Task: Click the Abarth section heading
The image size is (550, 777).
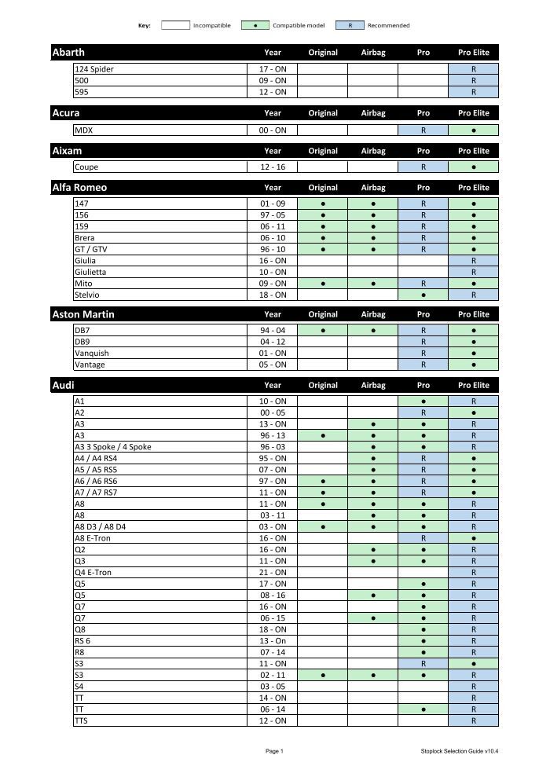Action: click(68, 53)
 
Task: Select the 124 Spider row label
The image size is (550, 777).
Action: click(94, 69)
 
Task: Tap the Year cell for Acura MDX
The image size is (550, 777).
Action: click(273, 130)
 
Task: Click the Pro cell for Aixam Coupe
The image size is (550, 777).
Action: click(423, 167)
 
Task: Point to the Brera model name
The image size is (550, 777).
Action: click(85, 238)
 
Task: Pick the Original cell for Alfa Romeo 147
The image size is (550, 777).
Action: click(322, 203)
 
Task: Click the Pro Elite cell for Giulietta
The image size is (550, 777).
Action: click(473, 272)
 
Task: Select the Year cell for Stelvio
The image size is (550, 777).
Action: click(273, 295)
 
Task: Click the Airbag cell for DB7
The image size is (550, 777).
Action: click(372, 331)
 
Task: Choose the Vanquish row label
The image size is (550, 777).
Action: click(92, 354)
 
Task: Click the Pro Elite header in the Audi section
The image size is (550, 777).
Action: click(473, 386)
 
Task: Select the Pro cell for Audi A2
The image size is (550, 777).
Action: click(423, 412)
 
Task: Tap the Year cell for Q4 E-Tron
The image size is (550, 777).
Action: click(273, 573)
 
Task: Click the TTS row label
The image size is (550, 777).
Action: click(82, 720)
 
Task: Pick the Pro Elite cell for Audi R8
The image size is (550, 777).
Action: click(473, 652)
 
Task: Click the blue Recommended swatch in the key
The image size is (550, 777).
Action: click(350, 25)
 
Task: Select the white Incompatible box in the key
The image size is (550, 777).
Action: click(175, 25)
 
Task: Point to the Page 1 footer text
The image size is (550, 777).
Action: click(274, 752)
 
